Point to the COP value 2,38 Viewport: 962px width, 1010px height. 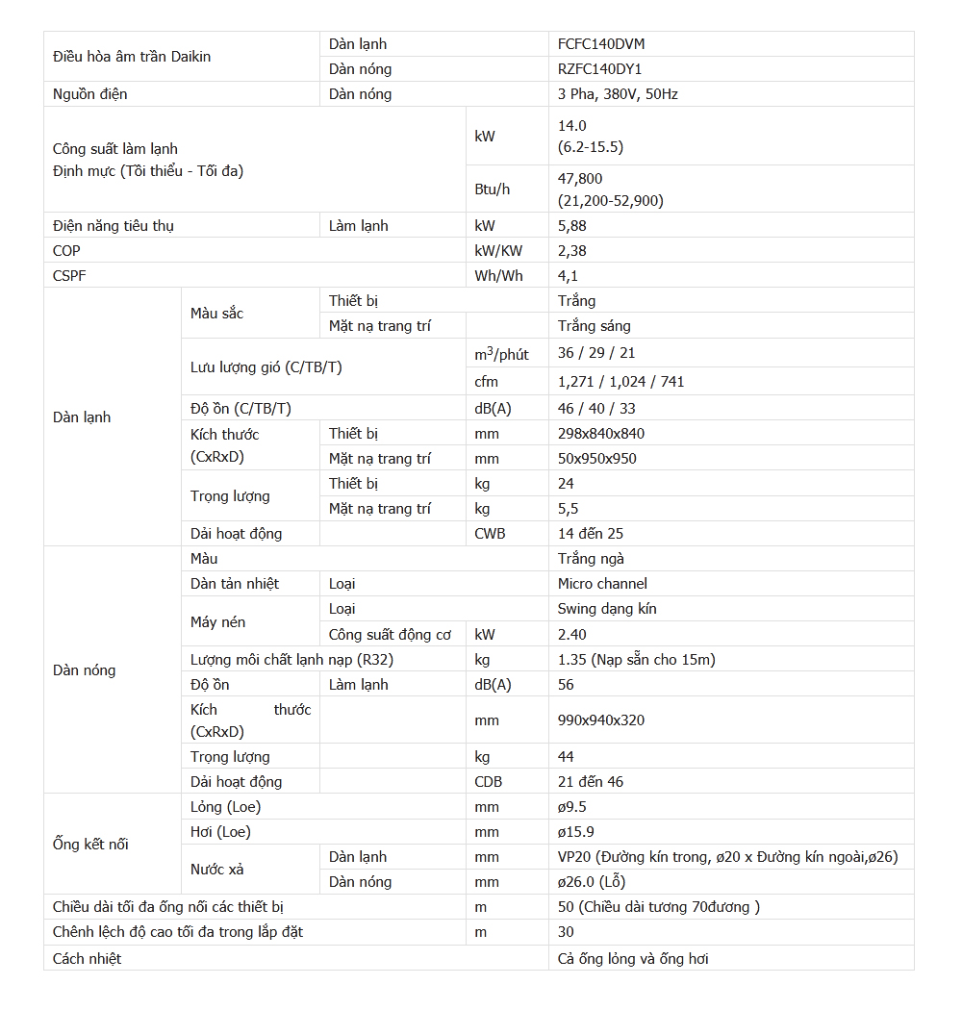coord(572,250)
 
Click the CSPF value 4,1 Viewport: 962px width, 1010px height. coord(569,275)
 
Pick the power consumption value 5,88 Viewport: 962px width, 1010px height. coord(572,225)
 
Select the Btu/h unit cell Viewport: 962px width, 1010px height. coord(493,189)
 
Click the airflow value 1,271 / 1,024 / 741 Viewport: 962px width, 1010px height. coord(620,382)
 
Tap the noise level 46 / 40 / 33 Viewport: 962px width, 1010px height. coord(596,408)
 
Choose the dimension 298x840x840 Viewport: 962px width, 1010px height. coord(601,433)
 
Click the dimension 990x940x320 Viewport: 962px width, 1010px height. coord(601,720)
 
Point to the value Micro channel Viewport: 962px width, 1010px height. coord(602,584)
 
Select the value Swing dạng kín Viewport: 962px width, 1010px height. coord(607,609)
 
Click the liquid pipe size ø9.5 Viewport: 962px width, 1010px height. coord(572,807)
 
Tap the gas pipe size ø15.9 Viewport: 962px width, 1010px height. coord(575,832)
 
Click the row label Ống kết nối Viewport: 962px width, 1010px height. coord(90,845)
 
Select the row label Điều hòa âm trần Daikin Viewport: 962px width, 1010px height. coord(132,57)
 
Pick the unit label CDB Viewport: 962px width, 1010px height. coord(489,782)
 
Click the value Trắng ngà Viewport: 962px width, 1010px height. coord(591,559)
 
